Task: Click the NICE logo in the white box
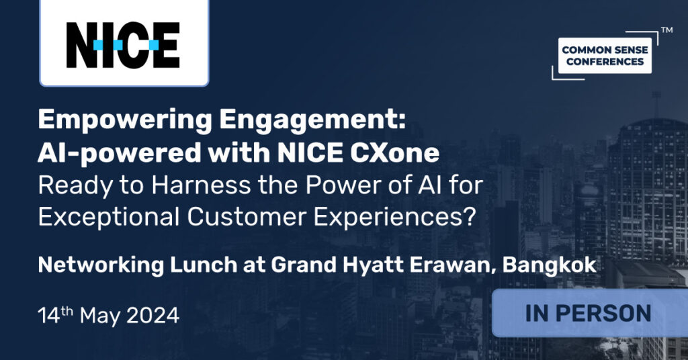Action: [x=123, y=45]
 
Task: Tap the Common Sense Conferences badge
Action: [x=605, y=56]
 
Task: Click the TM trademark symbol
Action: [x=666, y=30]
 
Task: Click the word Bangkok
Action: [x=550, y=265]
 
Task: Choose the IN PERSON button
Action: [x=588, y=313]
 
